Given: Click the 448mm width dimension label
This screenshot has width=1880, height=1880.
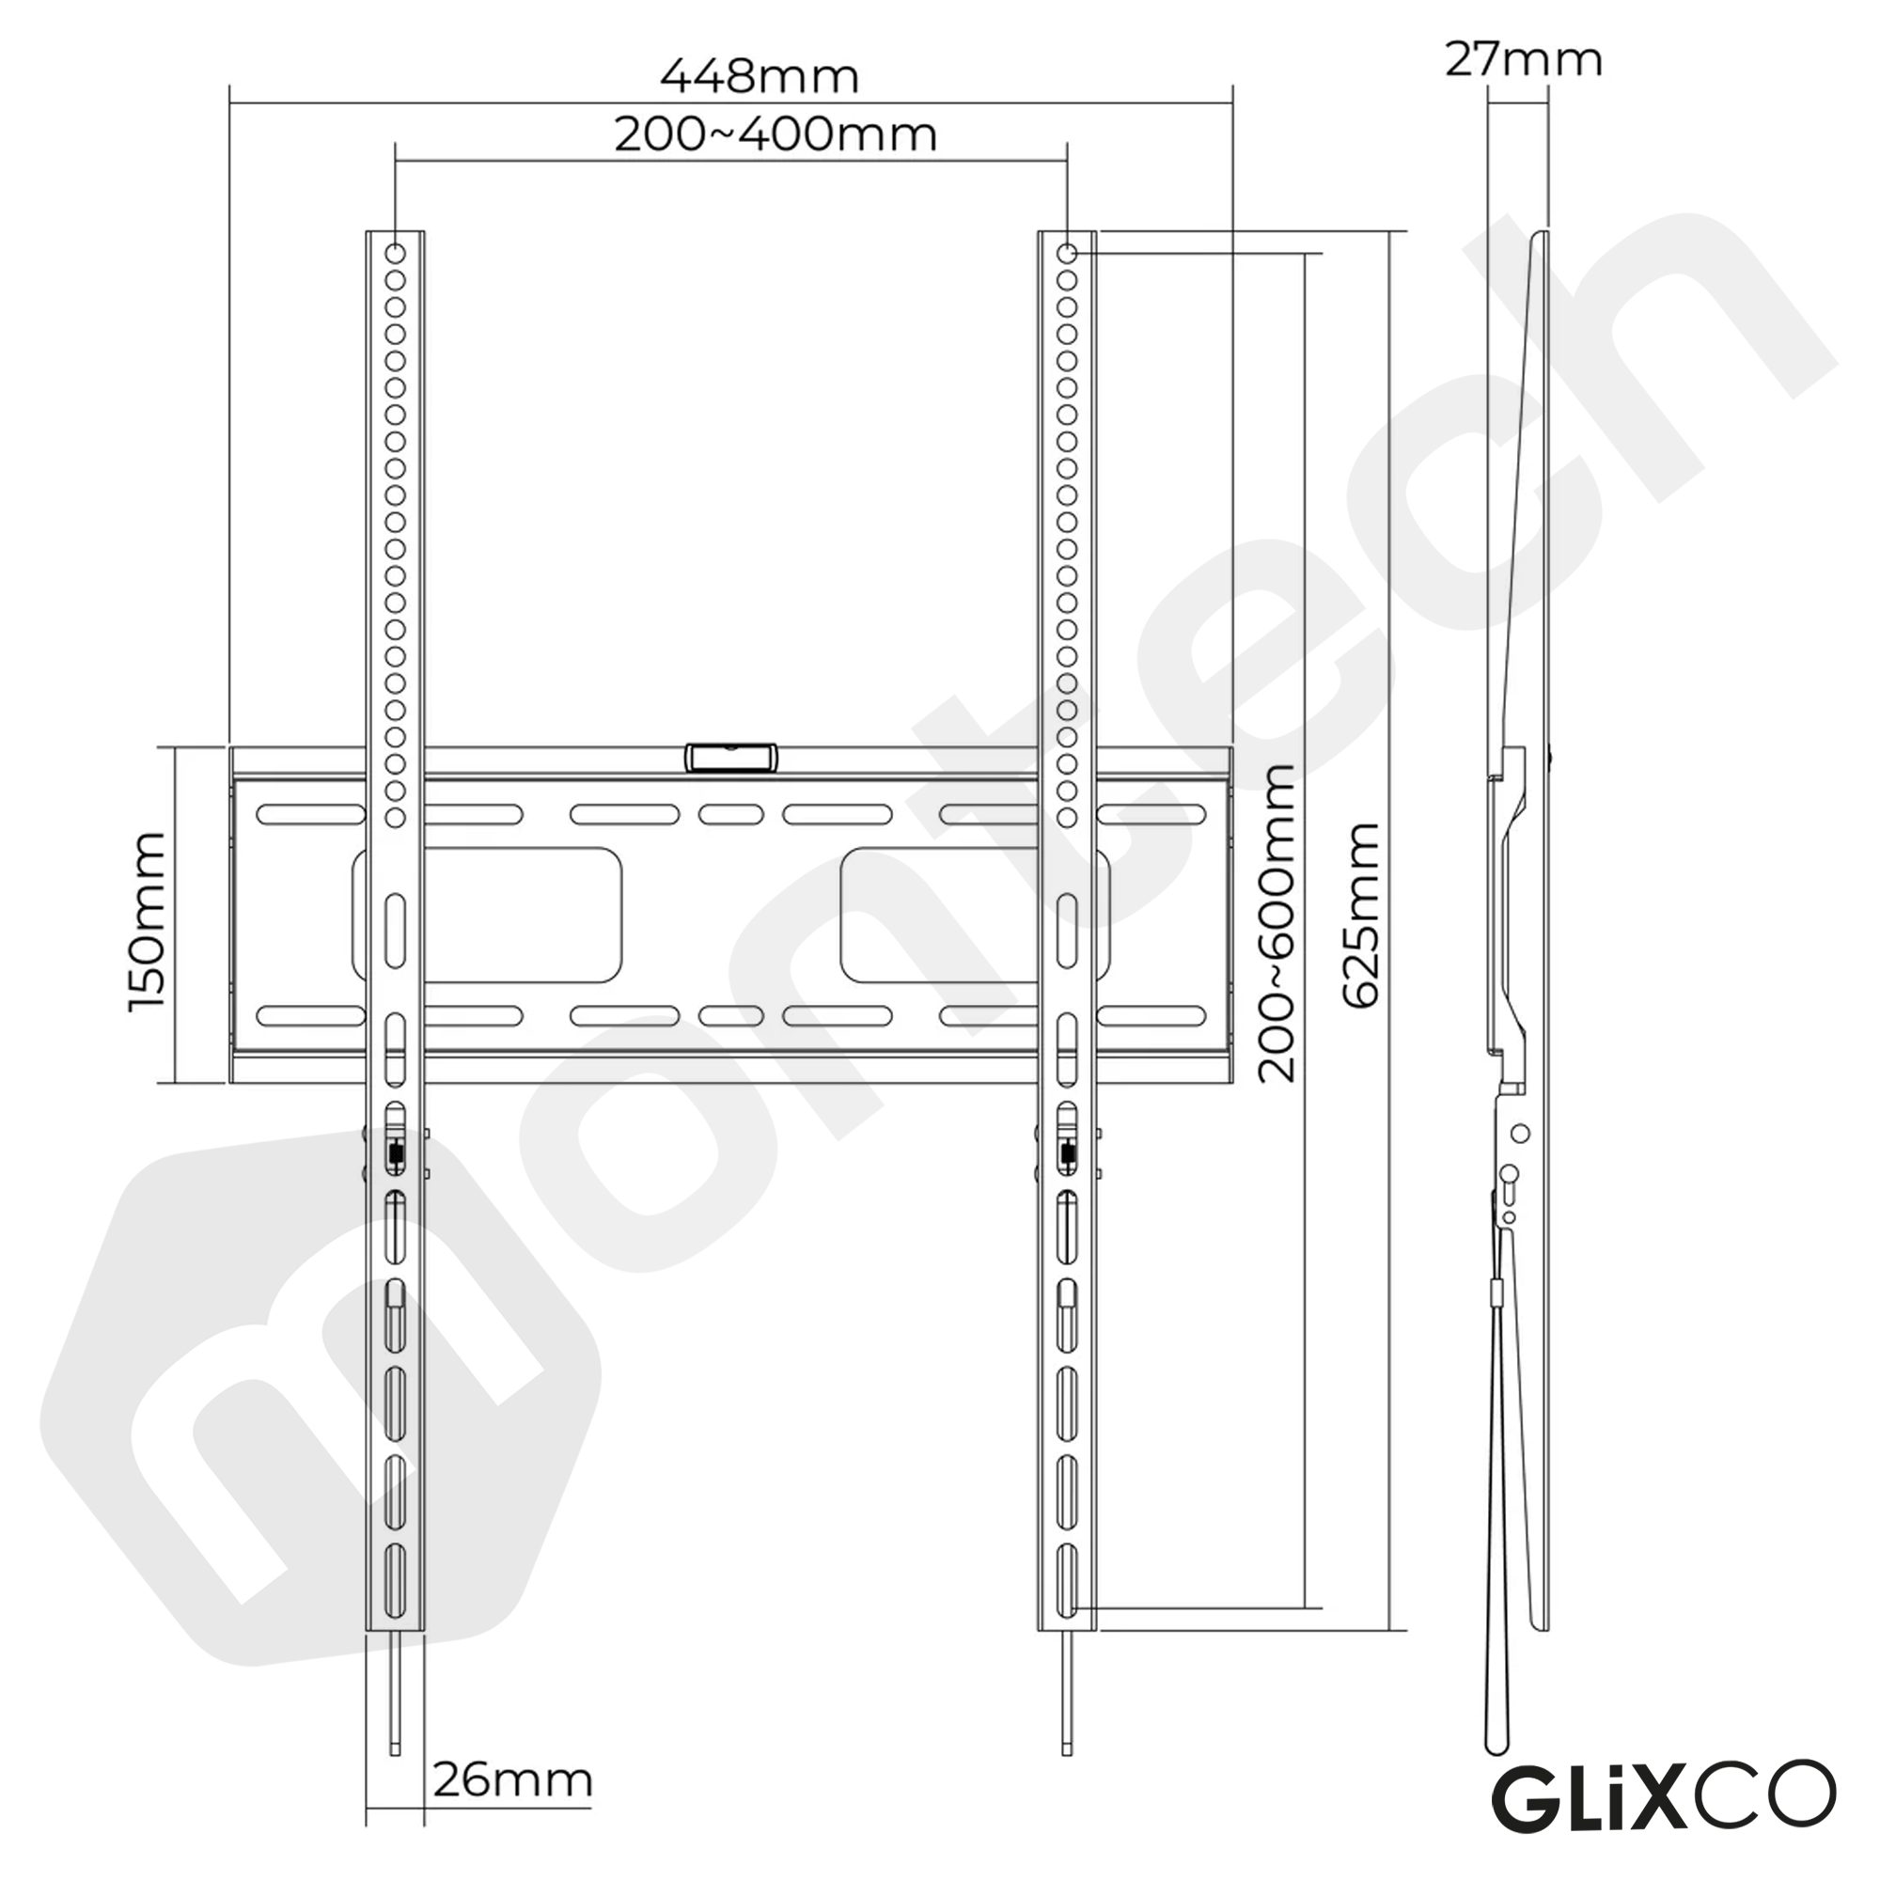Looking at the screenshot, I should (x=759, y=77).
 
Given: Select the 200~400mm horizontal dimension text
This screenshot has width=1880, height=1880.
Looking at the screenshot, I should (x=775, y=134).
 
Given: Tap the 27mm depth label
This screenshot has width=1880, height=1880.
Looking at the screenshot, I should (x=1523, y=60).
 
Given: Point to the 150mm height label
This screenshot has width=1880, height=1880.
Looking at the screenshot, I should (x=148, y=920).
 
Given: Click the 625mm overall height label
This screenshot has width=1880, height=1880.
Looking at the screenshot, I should (x=1361, y=915).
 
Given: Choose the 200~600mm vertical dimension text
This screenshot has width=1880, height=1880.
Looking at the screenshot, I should (x=1277, y=922).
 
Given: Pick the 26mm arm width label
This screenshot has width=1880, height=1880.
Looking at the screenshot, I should (x=512, y=1779).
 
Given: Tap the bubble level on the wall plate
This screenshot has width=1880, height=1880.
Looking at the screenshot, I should (x=731, y=758).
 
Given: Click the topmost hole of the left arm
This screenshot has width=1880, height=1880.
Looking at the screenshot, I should (x=395, y=254).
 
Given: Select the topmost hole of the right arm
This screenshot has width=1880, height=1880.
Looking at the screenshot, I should (x=1067, y=254).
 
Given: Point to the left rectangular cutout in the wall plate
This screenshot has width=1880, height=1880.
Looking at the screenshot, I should (x=487, y=914).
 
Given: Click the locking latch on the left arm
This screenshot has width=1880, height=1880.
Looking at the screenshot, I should (x=395, y=1154).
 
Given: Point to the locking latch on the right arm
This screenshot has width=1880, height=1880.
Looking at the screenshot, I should (x=1067, y=1154).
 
